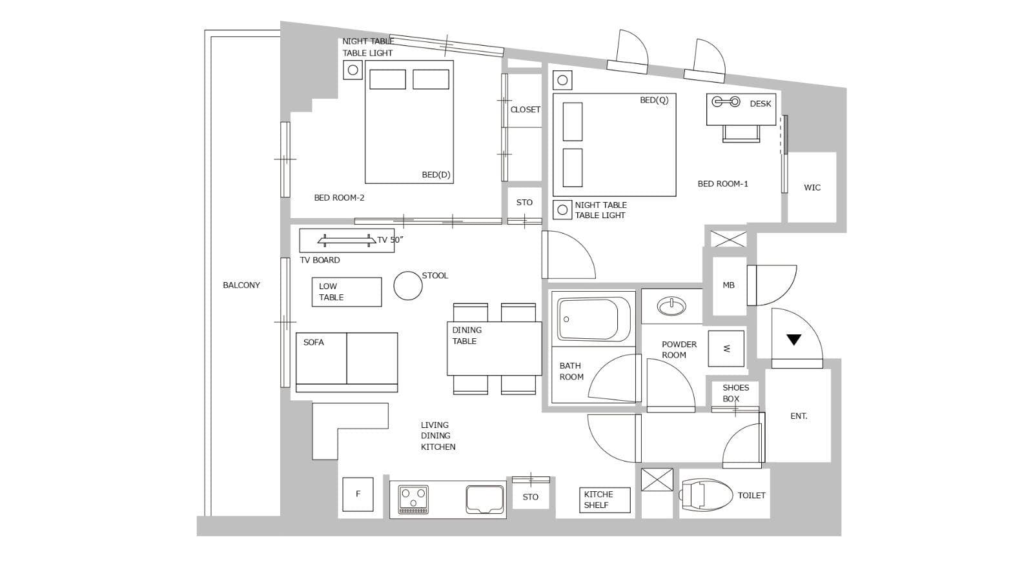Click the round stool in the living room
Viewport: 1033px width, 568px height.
click(x=407, y=285)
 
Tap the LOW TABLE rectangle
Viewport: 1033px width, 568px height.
click(x=347, y=292)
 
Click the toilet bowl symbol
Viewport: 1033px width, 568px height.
click(x=706, y=494)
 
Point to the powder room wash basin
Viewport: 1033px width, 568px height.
click(x=671, y=306)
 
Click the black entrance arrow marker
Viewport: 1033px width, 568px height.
click(x=793, y=340)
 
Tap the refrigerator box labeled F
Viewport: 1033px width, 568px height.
click(x=358, y=494)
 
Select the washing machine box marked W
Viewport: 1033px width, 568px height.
click(x=726, y=349)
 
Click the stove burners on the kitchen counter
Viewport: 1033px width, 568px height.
click(x=413, y=500)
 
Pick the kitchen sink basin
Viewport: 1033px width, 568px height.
click(x=485, y=500)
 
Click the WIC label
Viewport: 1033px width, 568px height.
click(x=812, y=188)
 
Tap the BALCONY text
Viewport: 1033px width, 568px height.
click(x=241, y=285)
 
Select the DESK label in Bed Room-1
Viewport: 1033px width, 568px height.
click(x=761, y=104)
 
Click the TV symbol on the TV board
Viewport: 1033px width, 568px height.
click(x=346, y=240)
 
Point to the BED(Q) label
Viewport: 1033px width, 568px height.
click(x=654, y=100)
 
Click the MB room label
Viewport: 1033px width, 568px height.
click(x=729, y=285)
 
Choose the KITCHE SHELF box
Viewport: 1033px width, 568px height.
click(x=604, y=500)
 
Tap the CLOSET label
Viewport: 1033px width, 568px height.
click(x=526, y=110)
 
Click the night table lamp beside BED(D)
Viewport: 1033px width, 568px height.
click(x=353, y=70)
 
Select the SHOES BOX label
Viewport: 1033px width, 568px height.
click(x=735, y=393)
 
